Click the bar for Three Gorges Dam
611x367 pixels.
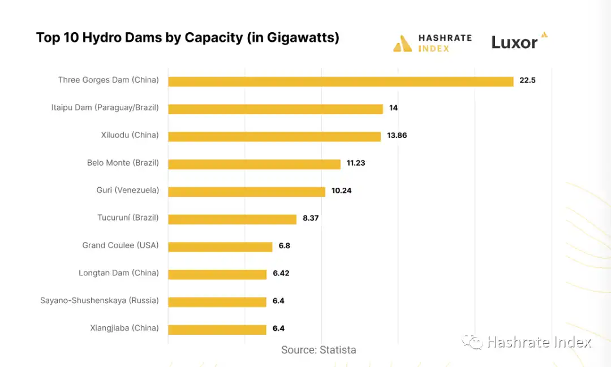click(341, 81)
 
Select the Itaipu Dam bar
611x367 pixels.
click(276, 109)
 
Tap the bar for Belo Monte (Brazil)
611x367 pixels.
click(254, 164)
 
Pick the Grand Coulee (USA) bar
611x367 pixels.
click(220, 247)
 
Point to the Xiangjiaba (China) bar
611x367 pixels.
click(217, 330)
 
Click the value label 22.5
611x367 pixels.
click(527, 80)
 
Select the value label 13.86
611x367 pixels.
click(397, 136)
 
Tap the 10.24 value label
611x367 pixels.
click(341, 191)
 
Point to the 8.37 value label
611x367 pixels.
click(311, 218)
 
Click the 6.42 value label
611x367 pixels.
click(282, 273)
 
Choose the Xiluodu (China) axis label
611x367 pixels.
click(130, 135)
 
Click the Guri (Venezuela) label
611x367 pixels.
click(127, 190)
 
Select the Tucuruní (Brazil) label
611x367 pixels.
click(128, 218)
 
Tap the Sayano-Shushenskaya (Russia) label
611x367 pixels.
click(99, 300)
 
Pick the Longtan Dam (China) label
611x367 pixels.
click(118, 273)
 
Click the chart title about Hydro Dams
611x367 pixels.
click(187, 37)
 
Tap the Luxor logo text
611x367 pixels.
click(514, 42)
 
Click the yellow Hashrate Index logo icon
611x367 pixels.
click(402, 44)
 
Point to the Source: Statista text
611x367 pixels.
click(319, 350)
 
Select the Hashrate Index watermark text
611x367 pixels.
click(539, 342)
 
